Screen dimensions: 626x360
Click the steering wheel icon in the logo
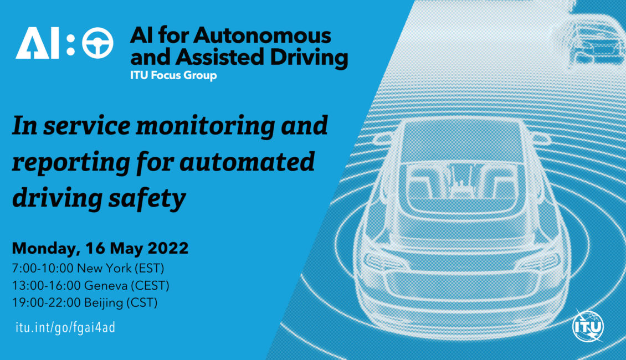pos(98,43)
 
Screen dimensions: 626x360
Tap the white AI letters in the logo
pos(37,43)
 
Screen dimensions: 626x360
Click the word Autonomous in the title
pos(262,35)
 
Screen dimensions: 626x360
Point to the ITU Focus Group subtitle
pos(173,75)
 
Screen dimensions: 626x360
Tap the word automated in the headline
pos(247,162)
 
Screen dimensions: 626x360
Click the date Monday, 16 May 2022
pos(100,249)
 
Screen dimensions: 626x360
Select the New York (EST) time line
pos(88,268)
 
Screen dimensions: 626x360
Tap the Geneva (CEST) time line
pos(91,285)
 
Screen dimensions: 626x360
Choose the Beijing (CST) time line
pos(85,302)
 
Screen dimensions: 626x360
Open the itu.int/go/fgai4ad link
pos(65,328)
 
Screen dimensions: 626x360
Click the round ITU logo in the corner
pos(588,326)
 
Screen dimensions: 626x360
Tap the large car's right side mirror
pos(541,139)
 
